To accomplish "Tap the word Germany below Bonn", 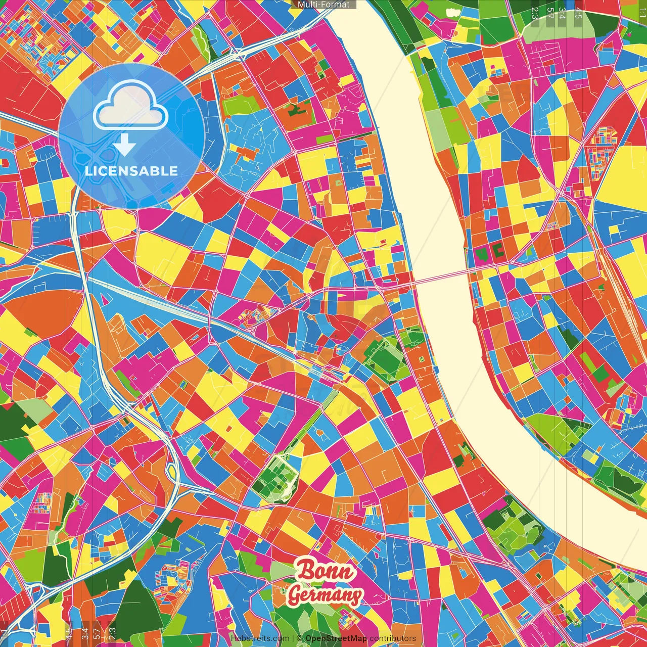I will tap(326, 595).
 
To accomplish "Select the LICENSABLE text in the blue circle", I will tap(131, 171).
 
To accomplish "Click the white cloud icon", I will tap(131, 105).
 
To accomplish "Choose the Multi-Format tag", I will tap(323, 5).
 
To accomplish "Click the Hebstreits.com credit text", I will tap(260, 638).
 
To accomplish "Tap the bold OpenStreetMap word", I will tap(336, 638).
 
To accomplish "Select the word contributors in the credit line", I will tap(393, 638).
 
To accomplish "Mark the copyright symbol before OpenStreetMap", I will tap(299, 638).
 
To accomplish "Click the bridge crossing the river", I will tap(440, 277).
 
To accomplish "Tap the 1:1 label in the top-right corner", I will tap(642, 13).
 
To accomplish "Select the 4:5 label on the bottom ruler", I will tap(69, 633).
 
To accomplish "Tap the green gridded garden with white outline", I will tap(275, 478).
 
